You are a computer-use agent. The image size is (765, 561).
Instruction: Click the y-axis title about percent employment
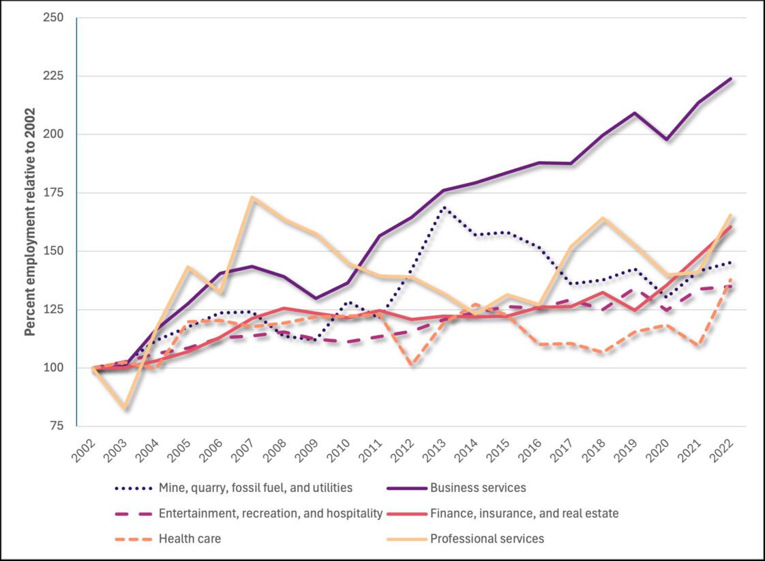pyautogui.click(x=30, y=222)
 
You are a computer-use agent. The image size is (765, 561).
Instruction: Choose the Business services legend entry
pyautogui.click(x=477, y=488)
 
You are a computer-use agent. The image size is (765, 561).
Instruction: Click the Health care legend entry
pyautogui.click(x=190, y=538)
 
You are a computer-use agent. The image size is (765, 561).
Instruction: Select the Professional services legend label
pyautogui.click(x=487, y=538)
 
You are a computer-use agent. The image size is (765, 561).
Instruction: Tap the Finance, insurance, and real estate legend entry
pyautogui.click(x=524, y=513)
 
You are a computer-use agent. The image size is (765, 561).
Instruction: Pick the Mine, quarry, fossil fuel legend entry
pyautogui.click(x=256, y=488)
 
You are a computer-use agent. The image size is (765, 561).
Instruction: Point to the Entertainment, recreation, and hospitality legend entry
pyautogui.click(x=270, y=513)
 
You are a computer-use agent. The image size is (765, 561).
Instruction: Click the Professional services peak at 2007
pyautogui.click(x=252, y=198)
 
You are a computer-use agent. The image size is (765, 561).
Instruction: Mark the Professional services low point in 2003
pyautogui.click(x=125, y=408)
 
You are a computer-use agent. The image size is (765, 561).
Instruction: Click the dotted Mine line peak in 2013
pyautogui.click(x=444, y=207)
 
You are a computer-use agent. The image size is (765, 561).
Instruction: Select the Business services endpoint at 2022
pyautogui.click(x=731, y=78)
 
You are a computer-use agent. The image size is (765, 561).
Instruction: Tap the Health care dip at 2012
pyautogui.click(x=412, y=364)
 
